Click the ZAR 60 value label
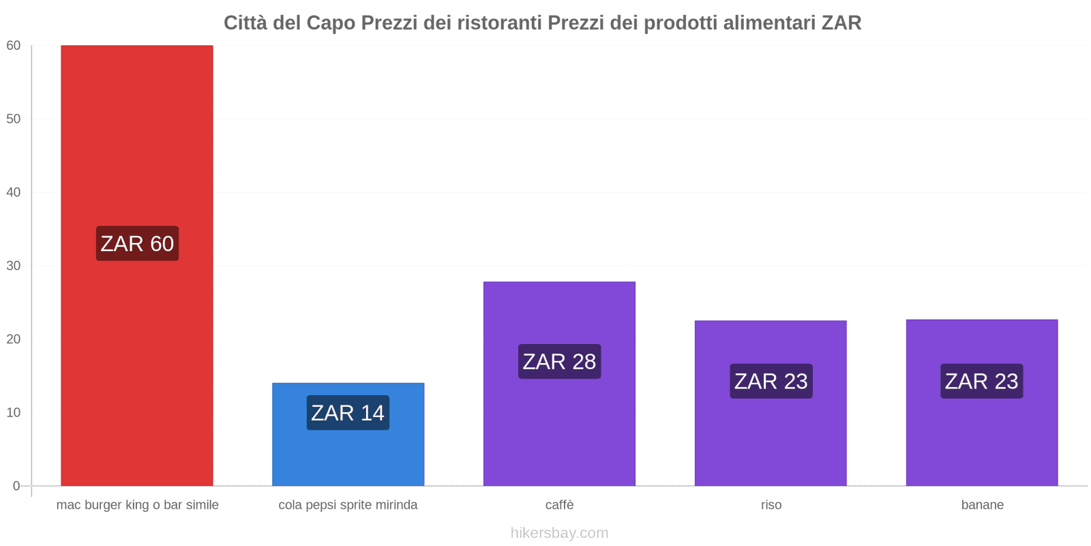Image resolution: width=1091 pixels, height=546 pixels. point(137,244)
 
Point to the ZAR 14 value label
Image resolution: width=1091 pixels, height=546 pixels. point(348,413)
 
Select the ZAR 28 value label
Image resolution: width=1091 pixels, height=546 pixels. point(559,362)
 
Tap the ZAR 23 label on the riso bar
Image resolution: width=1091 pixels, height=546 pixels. point(771,381)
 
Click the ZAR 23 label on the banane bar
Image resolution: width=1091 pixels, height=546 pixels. point(982,381)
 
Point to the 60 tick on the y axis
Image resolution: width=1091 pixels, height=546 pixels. point(14,46)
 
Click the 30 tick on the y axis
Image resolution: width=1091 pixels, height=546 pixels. point(14,265)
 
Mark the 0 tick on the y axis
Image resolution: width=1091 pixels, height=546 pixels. point(16,486)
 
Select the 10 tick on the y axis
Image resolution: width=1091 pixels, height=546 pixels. point(14,412)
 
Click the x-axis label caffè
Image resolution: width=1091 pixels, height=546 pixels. point(559,505)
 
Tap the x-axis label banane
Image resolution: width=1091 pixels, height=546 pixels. point(982,505)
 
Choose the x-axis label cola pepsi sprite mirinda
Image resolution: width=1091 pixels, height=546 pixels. point(348,505)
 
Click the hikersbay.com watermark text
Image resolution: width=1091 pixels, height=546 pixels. point(559,533)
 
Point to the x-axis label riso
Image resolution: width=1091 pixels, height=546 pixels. point(771,505)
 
